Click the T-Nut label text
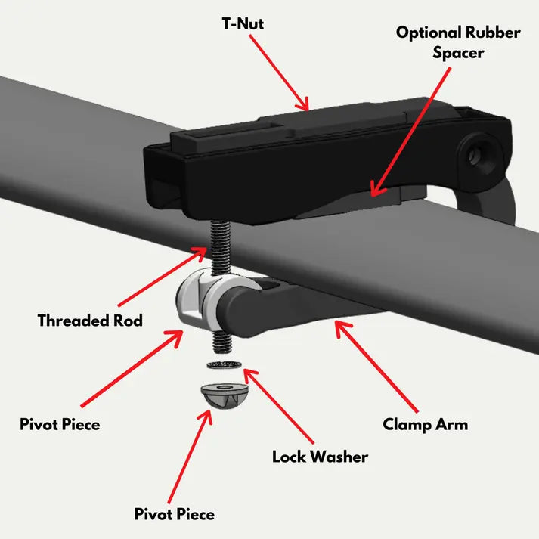[x=243, y=24]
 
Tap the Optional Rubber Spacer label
[x=458, y=42]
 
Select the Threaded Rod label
[x=90, y=321]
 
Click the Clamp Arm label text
[x=425, y=425]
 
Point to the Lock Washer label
[x=320, y=457]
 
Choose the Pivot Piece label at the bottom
[x=175, y=514]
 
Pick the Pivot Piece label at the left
[x=60, y=425]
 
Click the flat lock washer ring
[x=224, y=364]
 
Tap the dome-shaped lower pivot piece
[x=224, y=395]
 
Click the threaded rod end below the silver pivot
[x=222, y=342]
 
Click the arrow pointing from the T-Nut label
[x=279, y=73]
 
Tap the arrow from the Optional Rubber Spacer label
[x=410, y=132]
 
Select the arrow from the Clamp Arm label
[x=376, y=366]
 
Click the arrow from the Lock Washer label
[x=278, y=406]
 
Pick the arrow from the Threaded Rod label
[x=163, y=276]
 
